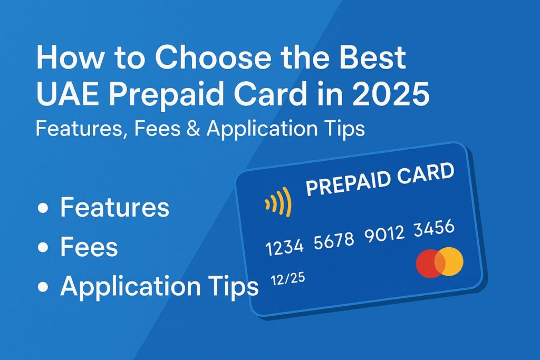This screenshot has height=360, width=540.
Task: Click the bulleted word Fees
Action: pos(89,248)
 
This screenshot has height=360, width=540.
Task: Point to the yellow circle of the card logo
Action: pos(450,262)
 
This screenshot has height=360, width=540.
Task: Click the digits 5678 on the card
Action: pos(334,240)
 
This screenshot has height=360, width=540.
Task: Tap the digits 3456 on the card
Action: pos(435,228)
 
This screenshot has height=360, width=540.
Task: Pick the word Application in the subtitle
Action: pos(258,129)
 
